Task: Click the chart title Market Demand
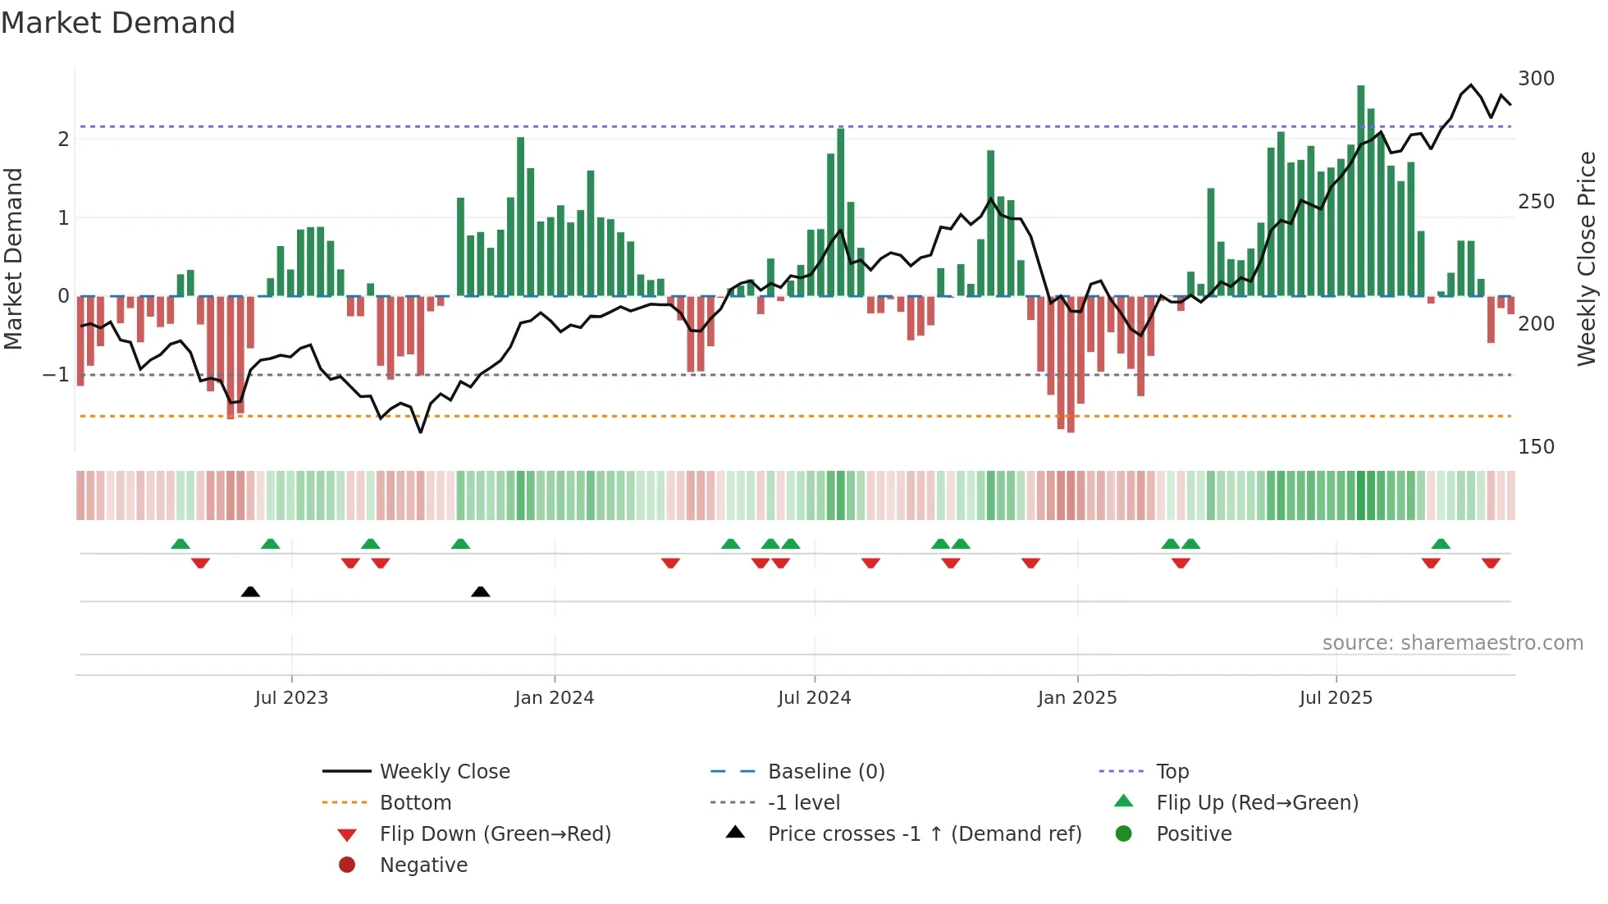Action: click(x=118, y=23)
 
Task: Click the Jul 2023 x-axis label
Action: click(x=291, y=698)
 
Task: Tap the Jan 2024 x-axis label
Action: click(x=554, y=698)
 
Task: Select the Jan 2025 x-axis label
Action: click(x=1076, y=698)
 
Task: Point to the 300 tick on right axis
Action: click(x=1536, y=79)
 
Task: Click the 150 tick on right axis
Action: click(x=1536, y=447)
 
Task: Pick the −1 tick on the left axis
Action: click(x=56, y=375)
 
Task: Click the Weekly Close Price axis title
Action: click(x=1587, y=258)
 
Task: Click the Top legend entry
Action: click(x=1172, y=772)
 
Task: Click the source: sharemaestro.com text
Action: click(x=1452, y=643)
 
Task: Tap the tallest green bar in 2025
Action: click(x=1360, y=189)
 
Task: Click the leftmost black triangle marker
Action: click(x=250, y=591)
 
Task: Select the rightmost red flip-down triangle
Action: click(x=1491, y=563)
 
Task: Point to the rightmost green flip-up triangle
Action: click(x=1441, y=544)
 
